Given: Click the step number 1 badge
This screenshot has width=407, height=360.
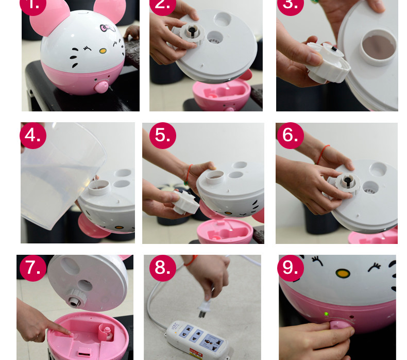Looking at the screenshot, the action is click(x=33, y=5).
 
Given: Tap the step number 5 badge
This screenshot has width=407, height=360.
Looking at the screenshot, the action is click(x=163, y=136).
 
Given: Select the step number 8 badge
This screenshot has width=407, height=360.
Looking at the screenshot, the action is click(x=163, y=268).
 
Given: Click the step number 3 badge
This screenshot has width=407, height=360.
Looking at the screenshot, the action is click(x=291, y=5).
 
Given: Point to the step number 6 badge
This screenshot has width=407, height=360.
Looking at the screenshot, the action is click(x=291, y=136).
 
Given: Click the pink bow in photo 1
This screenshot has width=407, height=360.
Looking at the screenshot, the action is click(x=107, y=28).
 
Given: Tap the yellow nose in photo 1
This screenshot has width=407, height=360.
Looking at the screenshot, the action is click(x=103, y=51).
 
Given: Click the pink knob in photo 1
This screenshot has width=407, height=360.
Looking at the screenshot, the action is click(x=101, y=87).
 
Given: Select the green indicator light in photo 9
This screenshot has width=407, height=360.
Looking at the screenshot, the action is click(x=326, y=314).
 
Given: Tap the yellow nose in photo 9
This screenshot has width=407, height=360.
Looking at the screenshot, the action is click(x=343, y=273).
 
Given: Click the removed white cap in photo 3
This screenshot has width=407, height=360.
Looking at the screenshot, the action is click(x=328, y=62).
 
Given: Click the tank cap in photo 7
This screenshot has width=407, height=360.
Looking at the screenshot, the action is click(x=76, y=298).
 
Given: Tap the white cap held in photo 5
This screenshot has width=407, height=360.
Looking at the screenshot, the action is click(x=186, y=202).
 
